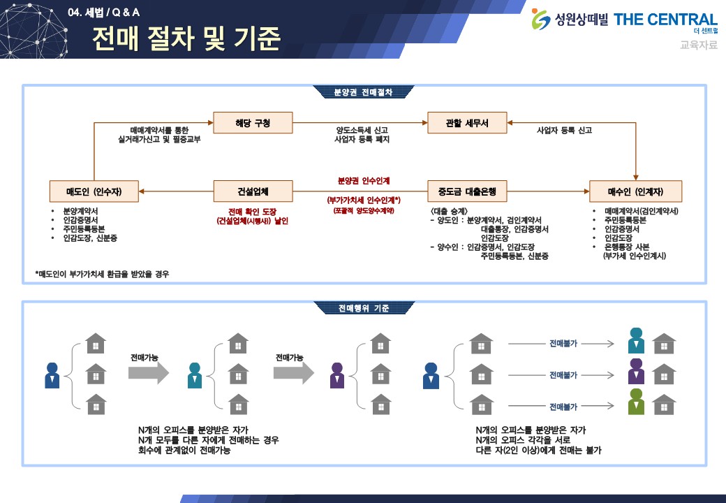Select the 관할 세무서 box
(x=467, y=123)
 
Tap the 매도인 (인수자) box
(x=94, y=191)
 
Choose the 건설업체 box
(x=253, y=191)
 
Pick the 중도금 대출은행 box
(x=467, y=191)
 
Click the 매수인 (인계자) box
(x=635, y=191)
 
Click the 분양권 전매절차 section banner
(x=363, y=92)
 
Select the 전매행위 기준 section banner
(x=363, y=308)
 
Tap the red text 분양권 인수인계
(x=362, y=180)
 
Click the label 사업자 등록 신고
(x=564, y=130)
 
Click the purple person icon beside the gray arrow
(x=337, y=375)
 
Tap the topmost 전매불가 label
(x=563, y=344)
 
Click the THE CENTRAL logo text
(x=665, y=20)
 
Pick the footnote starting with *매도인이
(x=103, y=274)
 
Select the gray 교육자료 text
(x=698, y=45)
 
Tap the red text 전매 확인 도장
(x=252, y=211)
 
